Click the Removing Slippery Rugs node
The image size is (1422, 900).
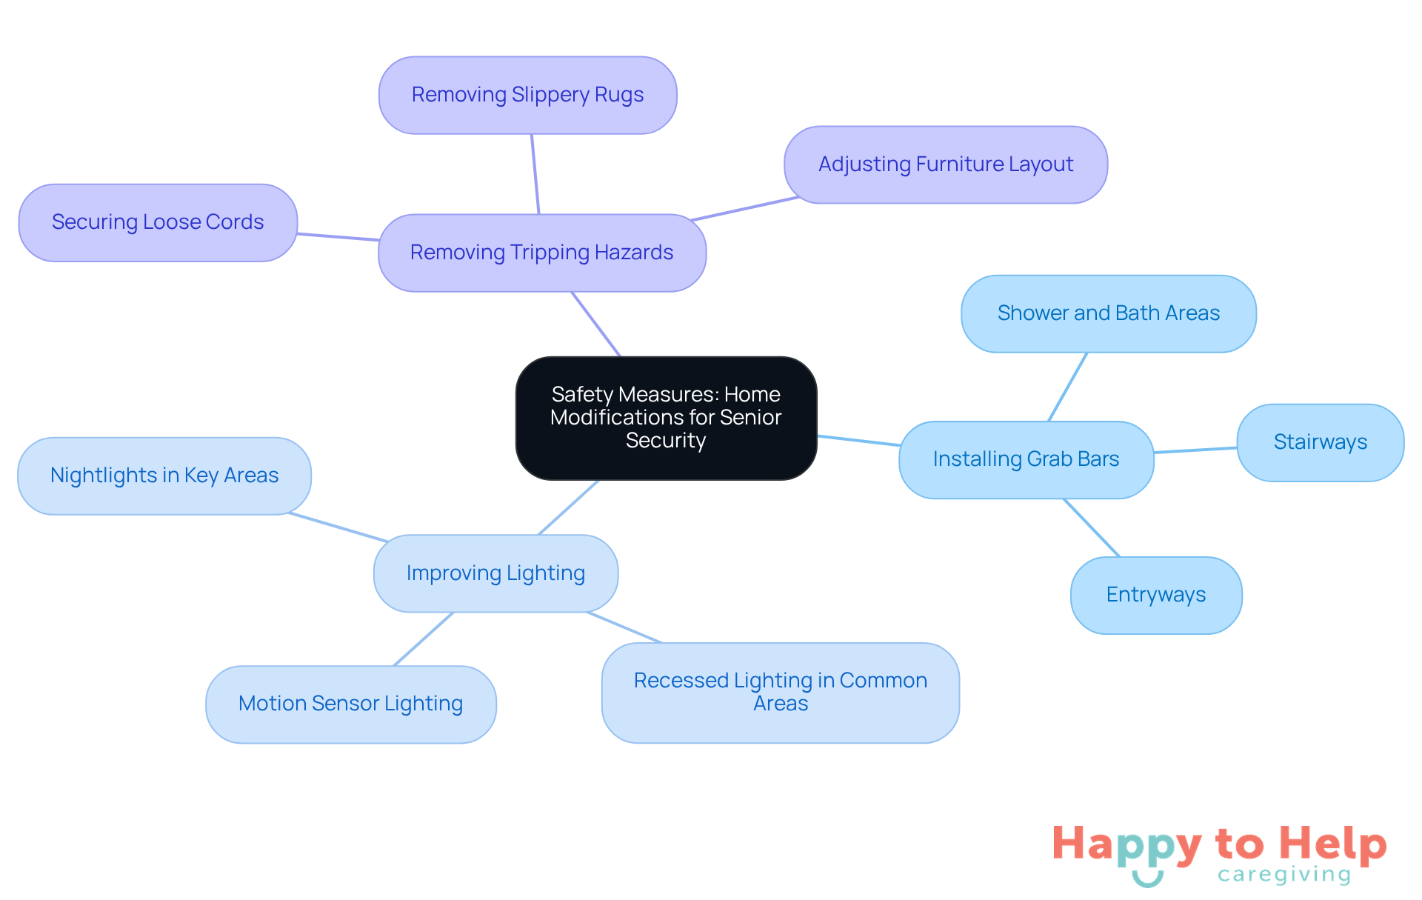[527, 95]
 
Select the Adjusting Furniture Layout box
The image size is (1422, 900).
[945, 164]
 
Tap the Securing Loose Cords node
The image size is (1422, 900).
[158, 222]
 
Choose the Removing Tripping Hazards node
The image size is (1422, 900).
[541, 253]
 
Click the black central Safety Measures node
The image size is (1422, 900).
[666, 418]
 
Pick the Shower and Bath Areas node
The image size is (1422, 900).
[1108, 313]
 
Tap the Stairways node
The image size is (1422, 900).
[1320, 442]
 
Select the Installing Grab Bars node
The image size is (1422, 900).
[1026, 459]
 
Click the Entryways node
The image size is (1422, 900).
[1155, 595]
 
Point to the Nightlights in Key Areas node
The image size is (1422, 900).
[164, 476]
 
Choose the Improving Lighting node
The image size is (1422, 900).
[495, 573]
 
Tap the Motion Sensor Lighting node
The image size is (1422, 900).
[350, 704]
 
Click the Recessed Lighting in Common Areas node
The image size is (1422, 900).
[780, 692]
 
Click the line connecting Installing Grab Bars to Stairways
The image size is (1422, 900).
[1195, 450]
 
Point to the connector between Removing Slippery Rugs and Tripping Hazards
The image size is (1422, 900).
[535, 174]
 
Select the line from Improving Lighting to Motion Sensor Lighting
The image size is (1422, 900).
[423, 639]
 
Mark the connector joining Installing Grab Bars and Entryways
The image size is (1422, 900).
[1092, 527]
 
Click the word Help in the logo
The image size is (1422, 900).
[1332, 844]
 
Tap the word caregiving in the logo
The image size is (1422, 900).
[1284, 875]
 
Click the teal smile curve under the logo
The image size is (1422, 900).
[1147, 880]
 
